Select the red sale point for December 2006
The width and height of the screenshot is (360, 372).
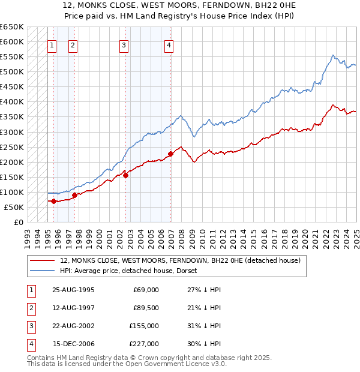pyautogui.click(x=171, y=154)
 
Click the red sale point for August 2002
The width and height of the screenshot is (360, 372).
pyautogui.click(x=126, y=175)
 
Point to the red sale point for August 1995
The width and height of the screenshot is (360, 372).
pyautogui.click(x=54, y=201)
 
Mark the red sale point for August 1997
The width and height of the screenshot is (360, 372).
pyautogui.click(x=74, y=195)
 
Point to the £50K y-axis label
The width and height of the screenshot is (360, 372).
pyautogui.click(x=14, y=207)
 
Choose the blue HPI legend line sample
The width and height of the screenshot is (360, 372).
pyautogui.click(x=43, y=271)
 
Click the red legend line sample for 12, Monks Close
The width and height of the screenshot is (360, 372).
pyautogui.click(x=43, y=261)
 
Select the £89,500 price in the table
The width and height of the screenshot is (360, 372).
pyautogui.click(x=146, y=308)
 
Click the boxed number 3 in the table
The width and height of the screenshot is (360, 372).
pyautogui.click(x=31, y=326)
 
